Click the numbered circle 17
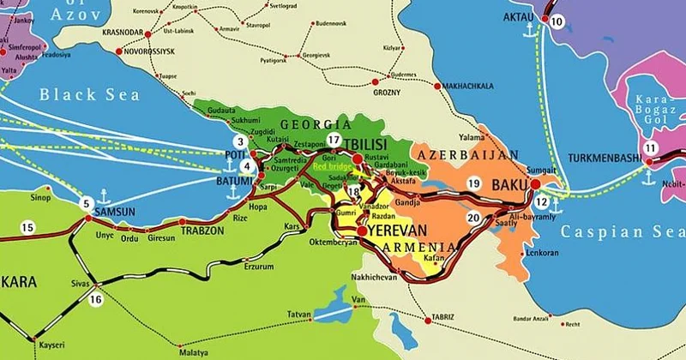[x=334, y=141]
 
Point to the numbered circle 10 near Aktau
[x=558, y=22]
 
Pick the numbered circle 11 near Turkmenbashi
[x=653, y=148]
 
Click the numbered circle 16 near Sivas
[x=95, y=299]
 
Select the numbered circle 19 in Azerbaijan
[x=473, y=183]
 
